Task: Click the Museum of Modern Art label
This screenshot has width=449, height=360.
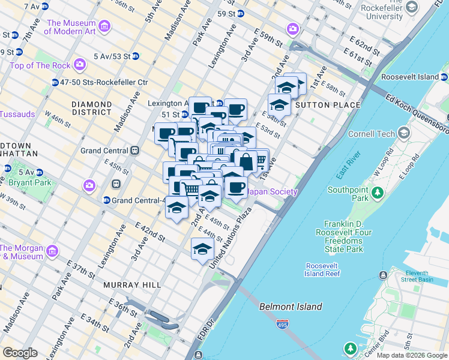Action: point(72,27)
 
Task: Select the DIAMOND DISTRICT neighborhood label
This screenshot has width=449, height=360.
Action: point(92,108)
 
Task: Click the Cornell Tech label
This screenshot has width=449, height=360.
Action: point(373,133)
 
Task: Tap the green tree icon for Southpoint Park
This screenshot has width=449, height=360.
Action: point(377,193)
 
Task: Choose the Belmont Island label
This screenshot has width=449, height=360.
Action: point(291,307)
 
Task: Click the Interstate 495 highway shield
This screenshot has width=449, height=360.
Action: point(282,325)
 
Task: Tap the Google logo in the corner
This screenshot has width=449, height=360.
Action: point(20,353)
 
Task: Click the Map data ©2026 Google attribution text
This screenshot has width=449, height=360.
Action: point(411,355)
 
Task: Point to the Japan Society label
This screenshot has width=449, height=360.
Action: point(273,192)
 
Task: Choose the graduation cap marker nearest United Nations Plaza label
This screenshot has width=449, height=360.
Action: point(203,248)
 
